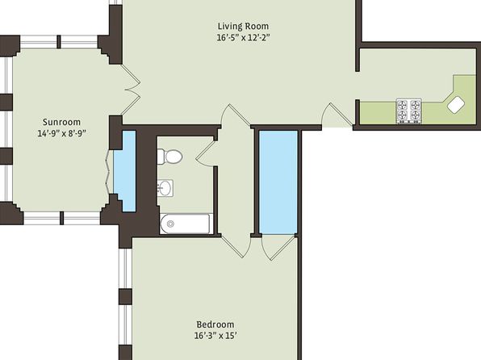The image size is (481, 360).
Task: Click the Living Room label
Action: pos(243,26)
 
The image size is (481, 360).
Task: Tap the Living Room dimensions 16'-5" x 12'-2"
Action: pos(243,38)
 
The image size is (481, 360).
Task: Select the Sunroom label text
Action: pos(61,122)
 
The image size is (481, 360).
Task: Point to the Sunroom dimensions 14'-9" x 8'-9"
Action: pos(61,134)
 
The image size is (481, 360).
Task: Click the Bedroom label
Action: pos(215,324)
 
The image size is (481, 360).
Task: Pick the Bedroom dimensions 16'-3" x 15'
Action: pos(215,336)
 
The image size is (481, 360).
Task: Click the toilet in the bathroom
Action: pos(169,157)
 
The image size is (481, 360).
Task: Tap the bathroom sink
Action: pos(165,188)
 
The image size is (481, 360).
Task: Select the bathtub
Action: pos(186,224)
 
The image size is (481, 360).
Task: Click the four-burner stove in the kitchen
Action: pos(408,111)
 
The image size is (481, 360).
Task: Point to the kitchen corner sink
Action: pos(456,105)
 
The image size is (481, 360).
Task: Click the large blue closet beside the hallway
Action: pos(278,182)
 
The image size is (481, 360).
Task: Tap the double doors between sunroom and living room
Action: pos(132,90)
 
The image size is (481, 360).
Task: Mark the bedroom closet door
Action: pos(278,248)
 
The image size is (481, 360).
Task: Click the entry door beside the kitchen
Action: pos(337,115)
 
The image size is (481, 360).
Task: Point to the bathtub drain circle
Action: pos(171,224)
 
